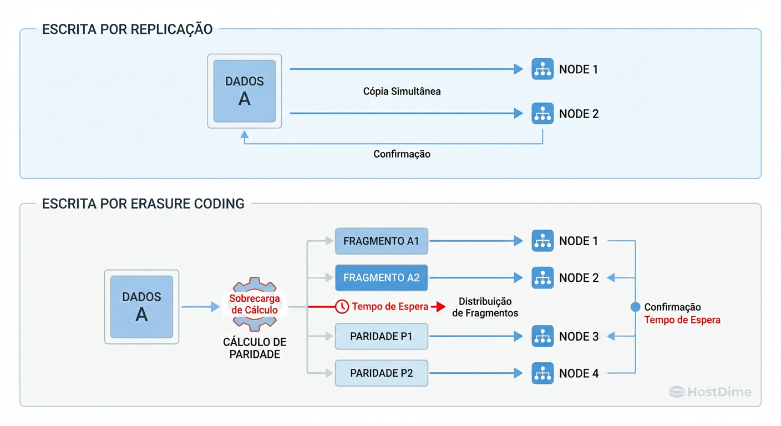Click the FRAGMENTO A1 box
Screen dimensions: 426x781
381,241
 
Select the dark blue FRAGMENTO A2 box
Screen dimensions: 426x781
381,278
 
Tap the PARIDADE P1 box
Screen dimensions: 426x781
381,337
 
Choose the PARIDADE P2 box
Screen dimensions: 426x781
381,373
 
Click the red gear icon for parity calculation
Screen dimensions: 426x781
254,304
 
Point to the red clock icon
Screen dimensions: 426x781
342,306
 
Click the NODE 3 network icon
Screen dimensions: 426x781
542,337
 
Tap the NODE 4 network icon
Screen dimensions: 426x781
542,373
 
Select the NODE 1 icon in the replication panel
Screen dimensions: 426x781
542,69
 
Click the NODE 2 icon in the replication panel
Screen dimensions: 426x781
542,114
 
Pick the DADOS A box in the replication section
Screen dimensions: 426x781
245,91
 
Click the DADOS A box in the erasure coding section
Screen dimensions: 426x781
142,307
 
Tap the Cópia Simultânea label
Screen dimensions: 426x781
402,92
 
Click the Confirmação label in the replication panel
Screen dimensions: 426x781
402,154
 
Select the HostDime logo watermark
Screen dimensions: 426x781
710,392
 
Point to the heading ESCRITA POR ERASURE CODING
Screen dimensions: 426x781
143,204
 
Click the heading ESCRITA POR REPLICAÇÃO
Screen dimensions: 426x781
127,29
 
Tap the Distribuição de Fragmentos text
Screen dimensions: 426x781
485,307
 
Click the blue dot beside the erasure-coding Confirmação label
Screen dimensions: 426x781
636,307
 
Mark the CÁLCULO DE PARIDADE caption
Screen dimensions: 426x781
255,348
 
